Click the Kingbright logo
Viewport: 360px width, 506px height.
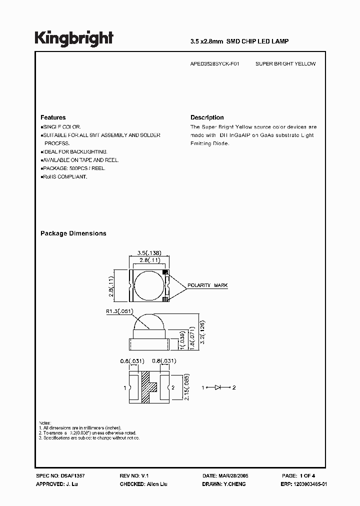[73, 38]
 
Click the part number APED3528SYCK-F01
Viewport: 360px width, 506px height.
[214, 64]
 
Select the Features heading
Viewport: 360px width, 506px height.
[53, 117]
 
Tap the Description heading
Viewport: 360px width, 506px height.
[207, 117]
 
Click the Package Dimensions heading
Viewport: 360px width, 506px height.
[73, 233]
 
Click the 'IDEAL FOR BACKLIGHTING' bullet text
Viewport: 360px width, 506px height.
[75, 151]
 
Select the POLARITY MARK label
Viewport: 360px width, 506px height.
[207, 285]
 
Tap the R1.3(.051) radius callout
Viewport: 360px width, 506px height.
[119, 311]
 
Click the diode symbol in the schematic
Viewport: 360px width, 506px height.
[218, 387]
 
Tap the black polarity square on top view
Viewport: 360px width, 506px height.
[166, 272]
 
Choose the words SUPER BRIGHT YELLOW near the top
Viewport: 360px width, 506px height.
[285, 64]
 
